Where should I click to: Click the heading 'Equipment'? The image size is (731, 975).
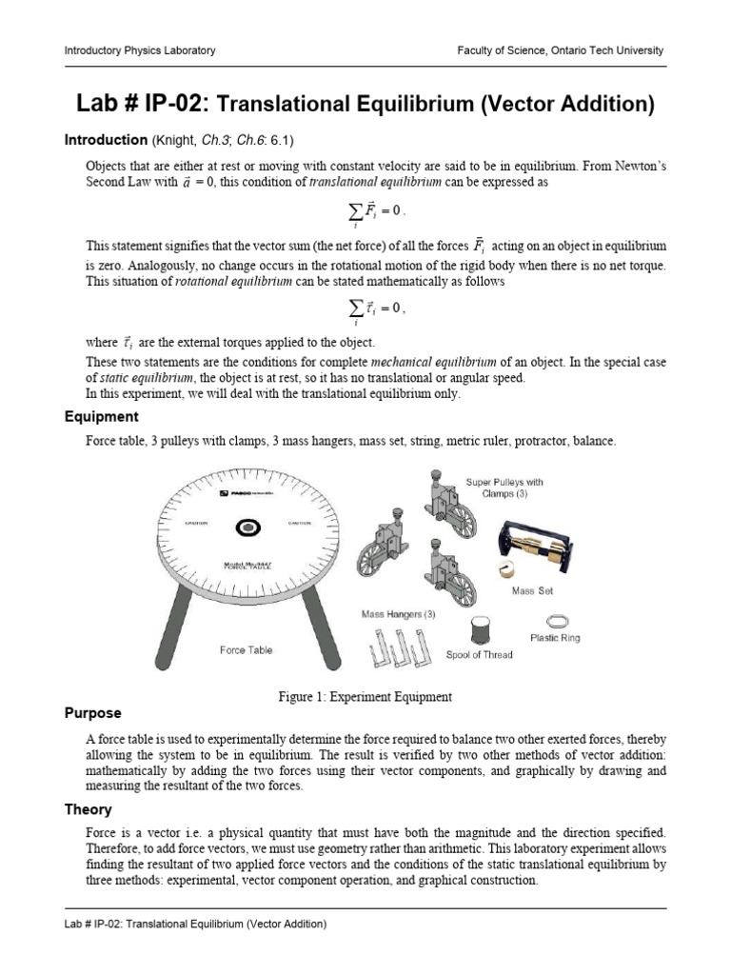pos(101,417)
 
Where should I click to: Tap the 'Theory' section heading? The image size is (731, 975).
pos(88,809)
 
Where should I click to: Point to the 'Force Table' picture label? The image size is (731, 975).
pos(246,650)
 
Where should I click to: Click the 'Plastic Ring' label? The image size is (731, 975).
pos(555,638)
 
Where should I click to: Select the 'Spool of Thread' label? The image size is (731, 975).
pos(480,655)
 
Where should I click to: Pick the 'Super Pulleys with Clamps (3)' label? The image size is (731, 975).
pos(504,487)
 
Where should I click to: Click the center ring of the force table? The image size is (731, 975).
pos(248,526)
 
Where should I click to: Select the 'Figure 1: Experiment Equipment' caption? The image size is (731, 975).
pos(365,697)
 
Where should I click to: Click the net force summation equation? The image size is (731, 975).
pos(365,211)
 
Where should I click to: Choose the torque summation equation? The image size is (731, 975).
pos(365,308)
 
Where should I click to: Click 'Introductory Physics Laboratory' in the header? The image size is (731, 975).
pos(139,50)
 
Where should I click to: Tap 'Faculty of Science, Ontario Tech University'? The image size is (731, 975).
pos(560,50)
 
